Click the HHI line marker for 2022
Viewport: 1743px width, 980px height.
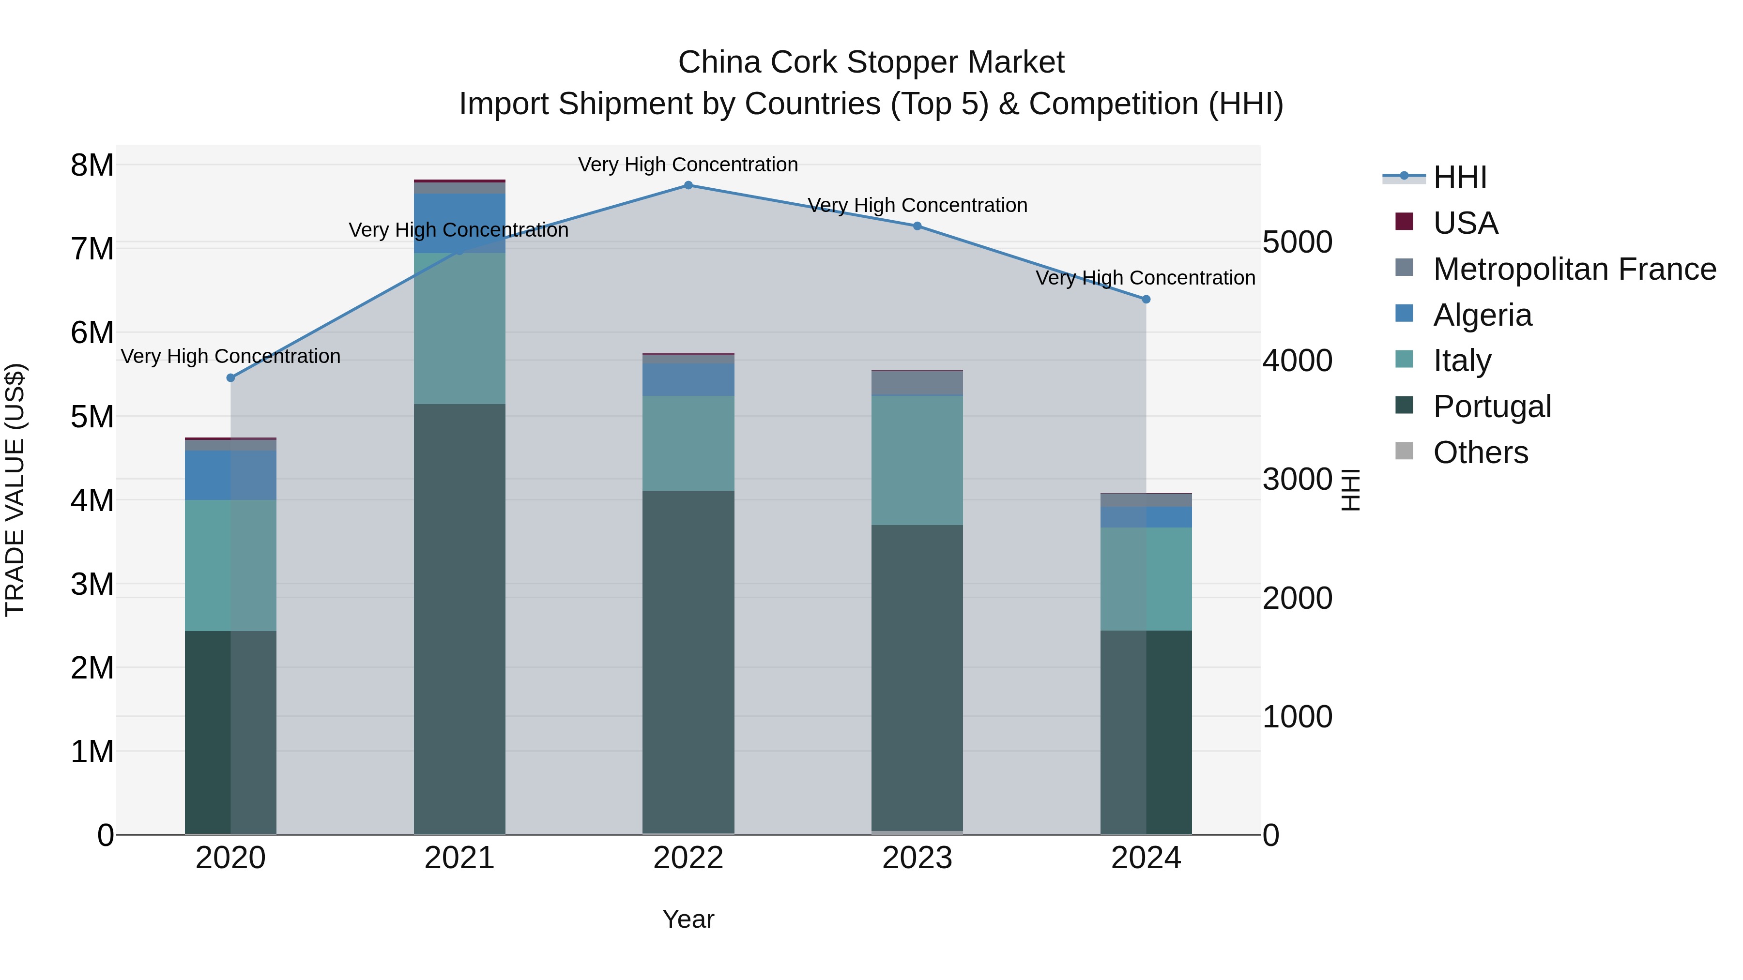pos(688,185)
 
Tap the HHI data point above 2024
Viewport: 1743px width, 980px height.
pos(1146,299)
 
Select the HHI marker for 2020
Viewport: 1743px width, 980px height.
pos(231,377)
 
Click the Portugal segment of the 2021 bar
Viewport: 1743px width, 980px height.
pos(459,619)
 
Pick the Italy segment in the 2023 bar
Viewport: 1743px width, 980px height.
pos(917,460)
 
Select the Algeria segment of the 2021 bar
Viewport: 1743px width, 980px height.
pos(459,223)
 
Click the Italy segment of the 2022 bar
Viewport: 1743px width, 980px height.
pos(688,443)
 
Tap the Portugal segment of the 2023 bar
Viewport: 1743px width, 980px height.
pos(917,677)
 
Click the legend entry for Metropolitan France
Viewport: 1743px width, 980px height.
pos(1575,269)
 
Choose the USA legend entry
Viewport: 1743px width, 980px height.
pos(1466,223)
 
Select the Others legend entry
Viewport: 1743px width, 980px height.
pos(1481,452)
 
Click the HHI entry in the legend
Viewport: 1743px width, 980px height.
pos(1460,177)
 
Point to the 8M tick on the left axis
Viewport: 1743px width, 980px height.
pos(92,165)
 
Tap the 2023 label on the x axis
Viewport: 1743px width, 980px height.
pos(917,858)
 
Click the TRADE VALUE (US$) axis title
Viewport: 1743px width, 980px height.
pos(15,490)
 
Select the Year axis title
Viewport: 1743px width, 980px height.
pos(688,919)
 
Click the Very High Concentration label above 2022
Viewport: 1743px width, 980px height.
pos(688,165)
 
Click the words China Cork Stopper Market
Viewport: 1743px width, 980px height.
pos(871,62)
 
